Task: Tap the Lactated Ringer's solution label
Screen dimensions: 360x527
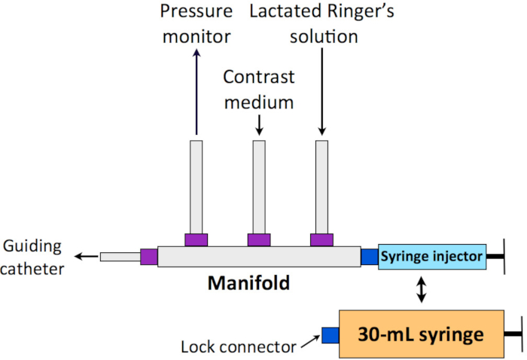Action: coord(321,23)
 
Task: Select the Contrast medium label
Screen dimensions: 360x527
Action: coord(258,89)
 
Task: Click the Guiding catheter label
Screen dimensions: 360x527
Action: coord(32,257)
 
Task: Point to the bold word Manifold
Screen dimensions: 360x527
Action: coord(248,285)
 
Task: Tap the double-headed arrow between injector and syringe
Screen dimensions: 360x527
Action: coord(422,289)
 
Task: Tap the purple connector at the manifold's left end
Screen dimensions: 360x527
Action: coord(148,257)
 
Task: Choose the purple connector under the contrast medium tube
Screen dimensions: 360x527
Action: coord(259,239)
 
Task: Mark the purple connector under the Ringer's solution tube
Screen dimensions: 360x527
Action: coord(322,239)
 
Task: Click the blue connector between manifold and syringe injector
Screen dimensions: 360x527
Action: coord(369,257)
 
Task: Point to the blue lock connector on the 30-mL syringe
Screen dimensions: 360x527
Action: coord(331,335)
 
